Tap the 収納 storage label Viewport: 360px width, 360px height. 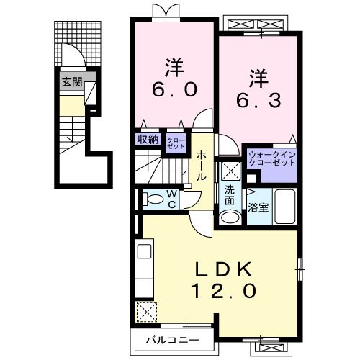(x=148, y=140)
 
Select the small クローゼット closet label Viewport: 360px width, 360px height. (x=175, y=141)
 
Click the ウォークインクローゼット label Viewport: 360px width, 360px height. (x=272, y=158)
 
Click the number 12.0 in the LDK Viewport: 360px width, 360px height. (x=225, y=292)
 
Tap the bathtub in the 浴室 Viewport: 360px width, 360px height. (x=285, y=207)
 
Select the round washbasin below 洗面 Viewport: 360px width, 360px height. (x=230, y=218)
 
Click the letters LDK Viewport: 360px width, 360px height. (x=225, y=269)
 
